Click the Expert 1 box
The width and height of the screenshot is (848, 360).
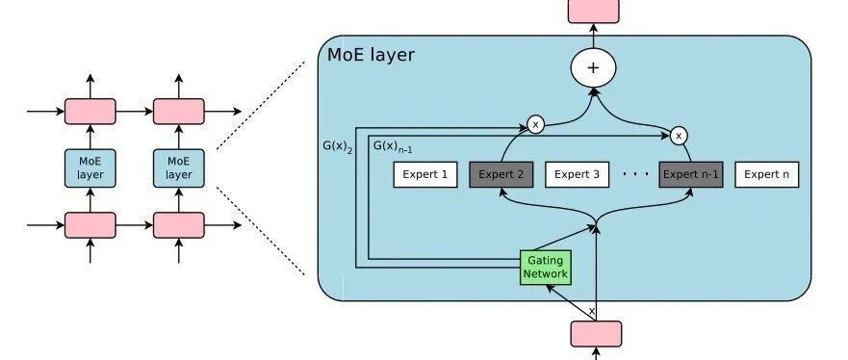(425, 174)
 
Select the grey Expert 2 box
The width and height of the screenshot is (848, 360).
(501, 174)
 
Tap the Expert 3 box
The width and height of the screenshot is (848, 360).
(578, 174)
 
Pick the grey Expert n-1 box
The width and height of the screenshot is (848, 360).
(690, 174)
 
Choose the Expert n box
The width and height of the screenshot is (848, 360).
(766, 174)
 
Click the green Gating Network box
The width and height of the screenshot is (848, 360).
(546, 267)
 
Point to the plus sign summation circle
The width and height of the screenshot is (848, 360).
(593, 67)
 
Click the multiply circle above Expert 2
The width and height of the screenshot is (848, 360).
(535, 125)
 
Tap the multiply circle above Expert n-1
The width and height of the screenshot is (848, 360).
(679, 137)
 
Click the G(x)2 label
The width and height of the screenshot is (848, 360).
(338, 146)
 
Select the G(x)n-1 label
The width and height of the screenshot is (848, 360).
(393, 146)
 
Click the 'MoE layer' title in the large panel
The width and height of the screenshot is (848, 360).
(371, 55)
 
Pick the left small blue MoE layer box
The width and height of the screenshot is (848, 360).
(90, 168)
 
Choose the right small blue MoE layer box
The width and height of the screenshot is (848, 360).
(178, 168)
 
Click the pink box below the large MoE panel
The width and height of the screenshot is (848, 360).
(596, 333)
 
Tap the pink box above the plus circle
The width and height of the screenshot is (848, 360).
(593, 12)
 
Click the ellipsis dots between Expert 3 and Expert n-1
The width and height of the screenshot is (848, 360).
(635, 174)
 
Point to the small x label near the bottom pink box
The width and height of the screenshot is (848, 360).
(591, 311)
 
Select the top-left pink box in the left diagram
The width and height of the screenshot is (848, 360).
(90, 112)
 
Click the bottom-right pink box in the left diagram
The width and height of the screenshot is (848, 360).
(178, 225)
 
